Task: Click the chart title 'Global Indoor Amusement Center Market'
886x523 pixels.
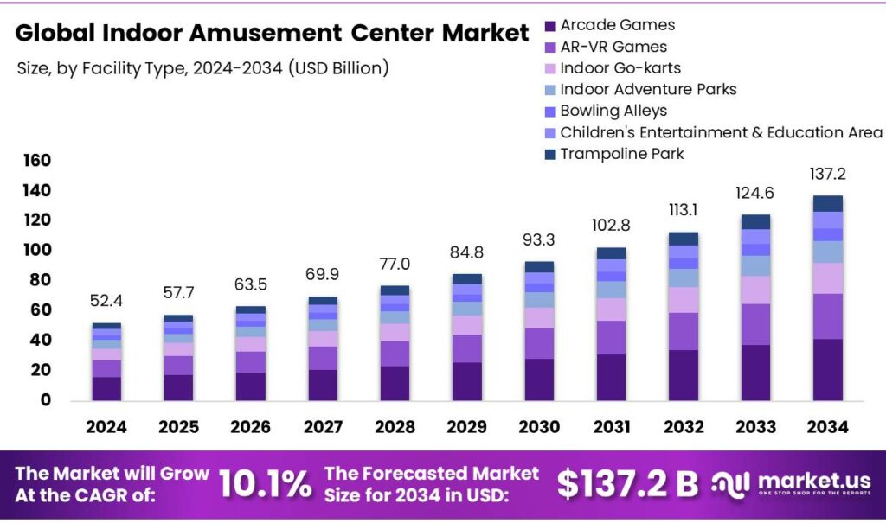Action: [x=272, y=33]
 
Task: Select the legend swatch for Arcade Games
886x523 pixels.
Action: [x=550, y=26]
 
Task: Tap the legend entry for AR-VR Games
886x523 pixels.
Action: [x=613, y=47]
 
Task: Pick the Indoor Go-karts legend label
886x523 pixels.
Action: [x=620, y=68]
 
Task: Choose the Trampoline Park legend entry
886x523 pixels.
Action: [x=621, y=154]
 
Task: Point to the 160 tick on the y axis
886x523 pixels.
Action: [x=35, y=161]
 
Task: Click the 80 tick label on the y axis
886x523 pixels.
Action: [x=40, y=280]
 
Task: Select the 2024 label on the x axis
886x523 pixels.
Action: [x=106, y=427]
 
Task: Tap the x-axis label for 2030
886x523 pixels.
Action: [x=539, y=427]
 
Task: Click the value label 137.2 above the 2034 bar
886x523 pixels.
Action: [x=828, y=175]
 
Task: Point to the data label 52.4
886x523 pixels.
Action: [x=106, y=303]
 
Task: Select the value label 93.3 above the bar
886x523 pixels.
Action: [x=539, y=239]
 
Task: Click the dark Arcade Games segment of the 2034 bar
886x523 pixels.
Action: [x=827, y=369]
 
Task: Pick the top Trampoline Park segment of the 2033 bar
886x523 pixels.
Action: [x=755, y=221]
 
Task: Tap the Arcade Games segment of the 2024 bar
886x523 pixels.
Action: [x=106, y=388]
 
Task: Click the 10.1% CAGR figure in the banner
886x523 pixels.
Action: [x=265, y=485]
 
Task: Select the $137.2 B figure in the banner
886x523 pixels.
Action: [x=626, y=485]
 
